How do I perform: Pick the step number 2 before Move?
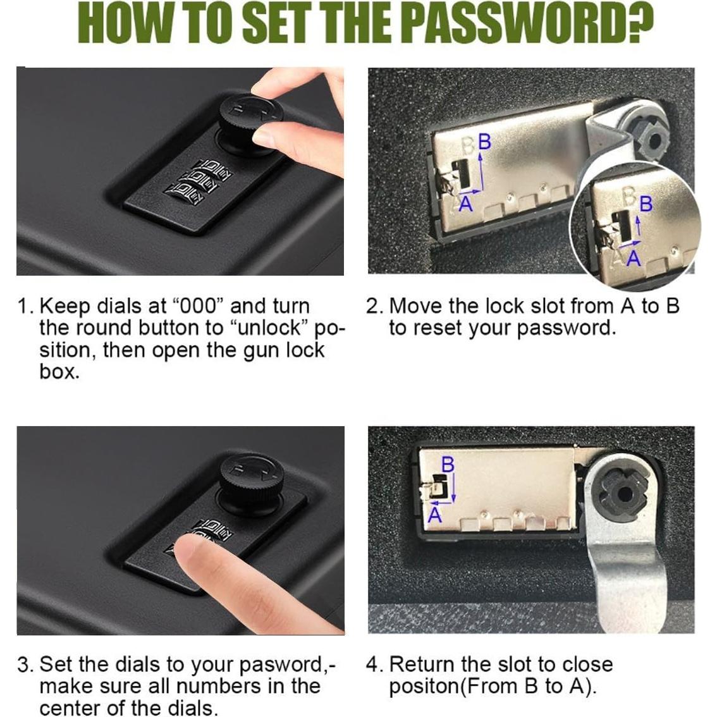[372, 306]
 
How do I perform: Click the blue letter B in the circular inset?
[646, 204]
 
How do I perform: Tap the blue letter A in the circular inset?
[634, 259]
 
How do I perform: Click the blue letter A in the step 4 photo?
[435, 516]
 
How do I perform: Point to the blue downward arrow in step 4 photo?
[454, 487]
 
